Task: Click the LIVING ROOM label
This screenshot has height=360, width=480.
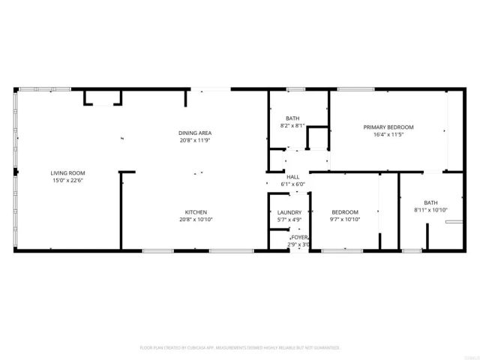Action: coord(65,172)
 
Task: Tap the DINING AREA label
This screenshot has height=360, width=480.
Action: coord(195,133)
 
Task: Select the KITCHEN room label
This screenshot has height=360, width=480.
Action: coord(196,212)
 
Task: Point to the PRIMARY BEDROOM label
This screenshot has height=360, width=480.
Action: coord(388,127)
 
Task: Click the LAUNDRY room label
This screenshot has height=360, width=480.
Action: coord(289,212)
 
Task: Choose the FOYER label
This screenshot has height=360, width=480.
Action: coord(299,238)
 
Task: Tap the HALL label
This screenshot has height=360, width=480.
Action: coord(292,177)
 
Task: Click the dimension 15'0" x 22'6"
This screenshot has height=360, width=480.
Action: coord(65,181)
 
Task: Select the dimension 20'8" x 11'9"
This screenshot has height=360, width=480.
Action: coord(195,140)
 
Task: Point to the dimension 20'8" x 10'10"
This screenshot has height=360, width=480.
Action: coord(196,220)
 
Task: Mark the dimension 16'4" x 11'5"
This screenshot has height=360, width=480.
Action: coord(388,135)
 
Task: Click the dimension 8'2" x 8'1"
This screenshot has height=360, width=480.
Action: coord(292,126)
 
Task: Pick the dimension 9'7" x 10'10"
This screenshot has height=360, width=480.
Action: coord(345,220)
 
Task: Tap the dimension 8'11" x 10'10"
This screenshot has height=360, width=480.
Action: coord(430,210)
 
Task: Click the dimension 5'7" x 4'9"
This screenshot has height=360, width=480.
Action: coord(289,220)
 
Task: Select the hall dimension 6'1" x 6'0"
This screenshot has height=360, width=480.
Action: coord(292,184)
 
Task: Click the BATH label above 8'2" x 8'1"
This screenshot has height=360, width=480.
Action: coord(292,118)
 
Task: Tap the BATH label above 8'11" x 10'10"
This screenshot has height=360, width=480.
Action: coord(430,202)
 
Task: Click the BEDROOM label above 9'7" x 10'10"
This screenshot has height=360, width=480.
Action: coord(345,212)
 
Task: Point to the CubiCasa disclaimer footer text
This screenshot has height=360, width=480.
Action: coord(240,347)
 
